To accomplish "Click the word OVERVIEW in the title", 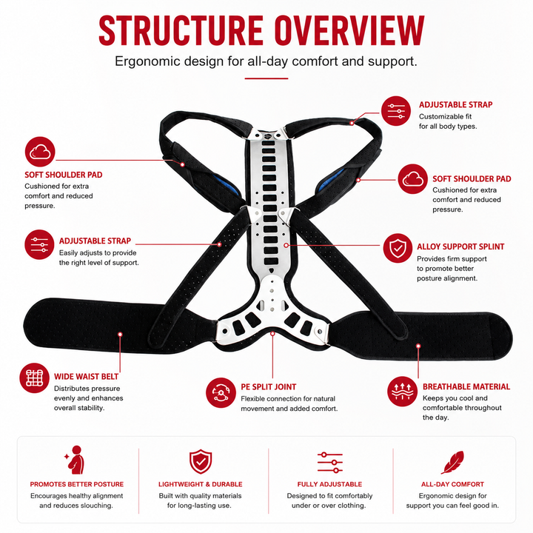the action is pyautogui.click(x=349, y=30).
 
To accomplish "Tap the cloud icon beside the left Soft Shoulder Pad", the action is pyautogui.click(x=40, y=152).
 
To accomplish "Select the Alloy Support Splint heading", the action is pyautogui.click(x=460, y=247).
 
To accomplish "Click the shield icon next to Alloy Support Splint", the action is pyautogui.click(x=398, y=248).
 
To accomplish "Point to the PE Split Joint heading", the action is pyautogui.click(x=269, y=387).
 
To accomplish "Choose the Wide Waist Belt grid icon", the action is pyautogui.click(x=34, y=378).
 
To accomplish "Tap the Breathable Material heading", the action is pyautogui.click(x=466, y=386).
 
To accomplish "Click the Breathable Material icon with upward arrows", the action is pyautogui.click(x=402, y=392).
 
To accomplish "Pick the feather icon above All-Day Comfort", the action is pyautogui.click(x=452, y=462).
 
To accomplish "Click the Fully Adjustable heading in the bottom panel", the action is pyautogui.click(x=329, y=484).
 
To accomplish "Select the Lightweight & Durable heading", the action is pyautogui.click(x=200, y=484).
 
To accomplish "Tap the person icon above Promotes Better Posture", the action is pyautogui.click(x=75, y=460).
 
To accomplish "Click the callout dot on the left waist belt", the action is pyautogui.click(x=120, y=335).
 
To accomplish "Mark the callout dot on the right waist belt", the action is pyautogui.click(x=418, y=346).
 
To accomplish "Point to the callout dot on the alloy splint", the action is pyautogui.click(x=286, y=245).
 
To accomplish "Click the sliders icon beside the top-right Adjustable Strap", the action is pyautogui.click(x=396, y=111).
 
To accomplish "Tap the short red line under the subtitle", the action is pyautogui.click(x=266, y=78).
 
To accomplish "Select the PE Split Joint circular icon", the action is pyautogui.click(x=221, y=392).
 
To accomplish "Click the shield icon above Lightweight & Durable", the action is pyautogui.click(x=201, y=462).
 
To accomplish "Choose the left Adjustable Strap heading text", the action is pyautogui.click(x=95, y=241).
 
